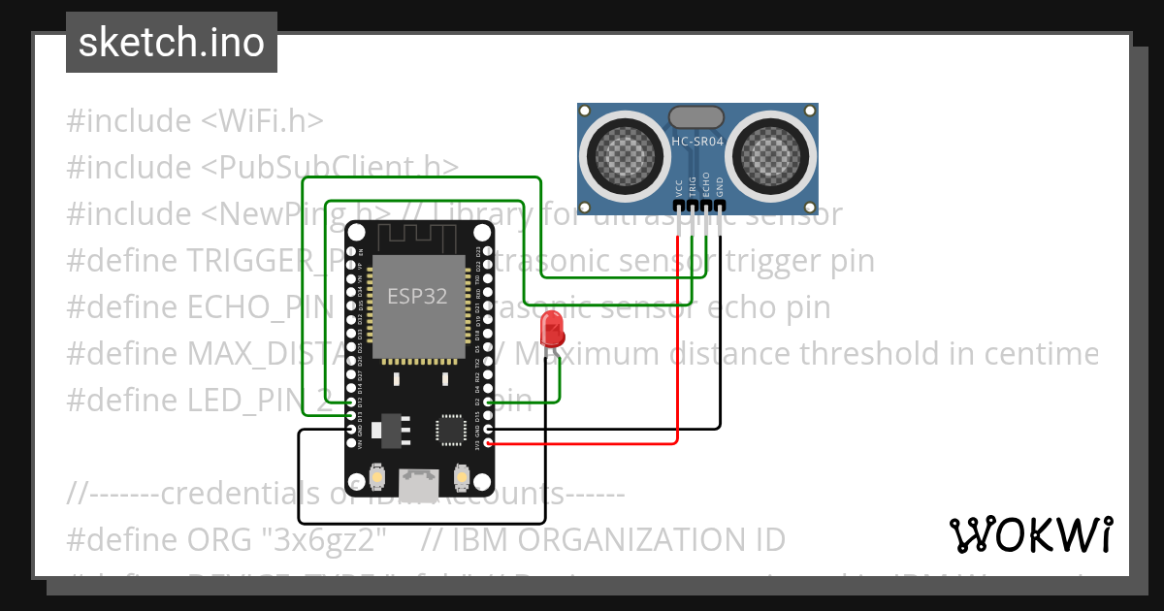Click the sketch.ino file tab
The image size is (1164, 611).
pyautogui.click(x=171, y=43)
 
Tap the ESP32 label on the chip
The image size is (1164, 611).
pyautogui.click(x=417, y=296)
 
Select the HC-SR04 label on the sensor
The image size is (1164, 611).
pyautogui.click(x=697, y=142)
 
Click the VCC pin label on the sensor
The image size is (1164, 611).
pyautogui.click(x=679, y=185)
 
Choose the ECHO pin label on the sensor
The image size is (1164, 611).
pyautogui.click(x=706, y=183)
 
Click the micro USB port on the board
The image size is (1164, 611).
pyautogui.click(x=419, y=480)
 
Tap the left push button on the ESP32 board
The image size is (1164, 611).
pyautogui.click(x=379, y=478)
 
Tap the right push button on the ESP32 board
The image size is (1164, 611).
pyautogui.click(x=460, y=478)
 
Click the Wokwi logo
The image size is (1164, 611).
pyautogui.click(x=1031, y=533)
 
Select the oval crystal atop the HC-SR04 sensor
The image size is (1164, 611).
pyautogui.click(x=696, y=117)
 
